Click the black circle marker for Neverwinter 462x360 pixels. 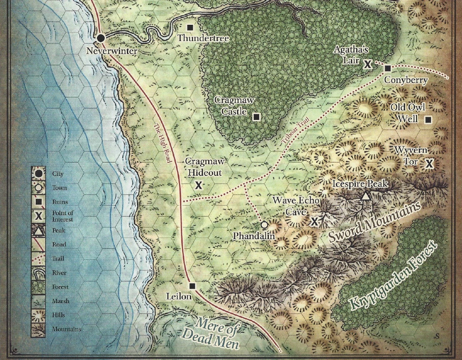tap(101, 38)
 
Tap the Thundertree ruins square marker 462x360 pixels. tap(190, 28)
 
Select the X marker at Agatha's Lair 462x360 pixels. tap(367, 64)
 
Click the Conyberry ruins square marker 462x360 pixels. tap(388, 68)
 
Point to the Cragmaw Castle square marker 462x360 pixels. tap(256, 117)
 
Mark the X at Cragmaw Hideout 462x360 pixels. tap(198, 185)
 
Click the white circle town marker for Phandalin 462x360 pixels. tap(264, 225)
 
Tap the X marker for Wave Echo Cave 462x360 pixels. tap(314, 221)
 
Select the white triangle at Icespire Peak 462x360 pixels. tap(366, 197)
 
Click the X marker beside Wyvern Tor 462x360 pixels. tap(429, 164)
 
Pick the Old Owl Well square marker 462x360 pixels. tap(428, 120)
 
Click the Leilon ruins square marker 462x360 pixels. tap(193, 286)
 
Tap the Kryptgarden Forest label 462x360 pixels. tap(393, 276)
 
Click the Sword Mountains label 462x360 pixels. tap(374, 223)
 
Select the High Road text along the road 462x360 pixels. tap(162, 143)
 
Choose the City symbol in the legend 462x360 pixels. tap(38, 174)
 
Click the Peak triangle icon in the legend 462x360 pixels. tap(38, 231)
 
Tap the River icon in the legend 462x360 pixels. tap(38, 273)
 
